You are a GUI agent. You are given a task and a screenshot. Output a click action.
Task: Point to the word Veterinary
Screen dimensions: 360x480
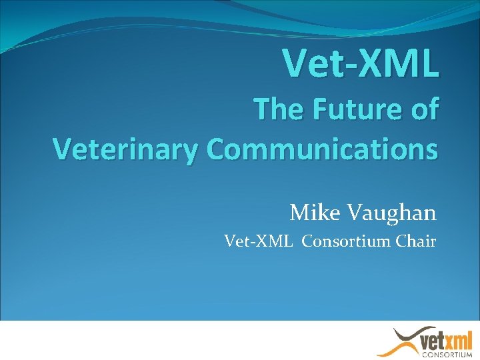(125, 149)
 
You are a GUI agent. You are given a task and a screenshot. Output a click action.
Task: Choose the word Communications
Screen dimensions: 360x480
(323, 149)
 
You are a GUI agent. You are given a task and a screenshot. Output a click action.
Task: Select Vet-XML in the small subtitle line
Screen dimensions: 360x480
(258, 241)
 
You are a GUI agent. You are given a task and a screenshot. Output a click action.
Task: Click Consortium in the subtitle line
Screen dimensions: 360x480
(345, 241)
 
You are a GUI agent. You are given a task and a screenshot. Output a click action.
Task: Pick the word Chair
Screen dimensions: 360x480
(416, 241)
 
